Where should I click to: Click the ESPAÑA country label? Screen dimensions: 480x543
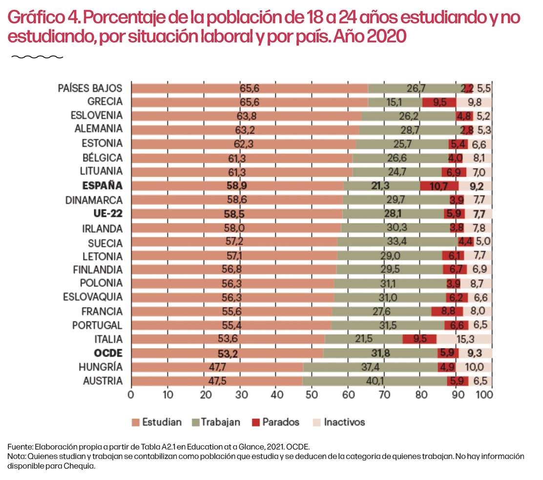tap(102, 186)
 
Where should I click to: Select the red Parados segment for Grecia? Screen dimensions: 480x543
tap(439, 102)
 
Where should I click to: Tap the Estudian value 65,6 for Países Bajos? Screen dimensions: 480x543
tap(249, 88)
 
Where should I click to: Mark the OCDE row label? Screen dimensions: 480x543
tap(109, 353)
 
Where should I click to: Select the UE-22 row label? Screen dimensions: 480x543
tap(108, 214)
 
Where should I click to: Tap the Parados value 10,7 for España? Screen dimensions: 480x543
tap(439, 186)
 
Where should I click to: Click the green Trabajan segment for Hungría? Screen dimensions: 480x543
tap(370, 367)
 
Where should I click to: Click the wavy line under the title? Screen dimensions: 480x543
tap(37, 57)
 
